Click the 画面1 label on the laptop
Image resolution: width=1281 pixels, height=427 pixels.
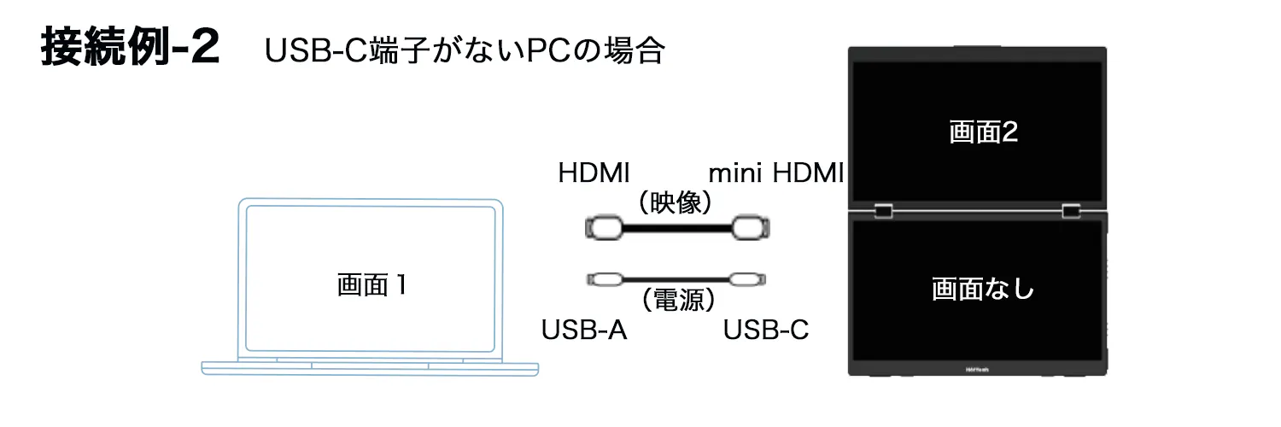click(371, 285)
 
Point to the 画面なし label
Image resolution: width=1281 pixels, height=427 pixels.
click(982, 289)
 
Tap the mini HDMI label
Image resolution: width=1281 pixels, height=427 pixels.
click(776, 173)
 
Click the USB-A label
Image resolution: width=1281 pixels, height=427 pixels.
click(585, 330)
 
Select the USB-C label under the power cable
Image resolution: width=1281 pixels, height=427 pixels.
click(766, 330)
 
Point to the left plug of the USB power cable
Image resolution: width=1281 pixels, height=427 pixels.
click(605, 279)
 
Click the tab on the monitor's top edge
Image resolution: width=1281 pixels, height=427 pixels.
click(976, 46)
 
